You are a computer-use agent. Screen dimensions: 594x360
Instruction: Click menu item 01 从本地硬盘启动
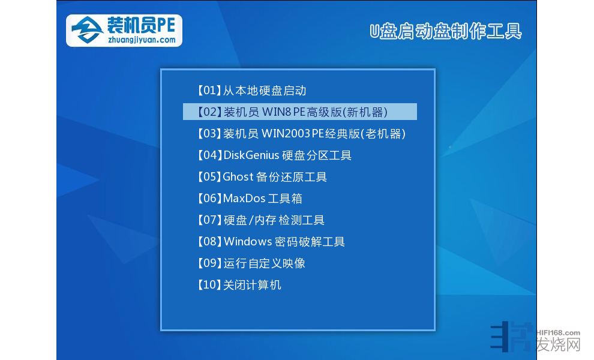(251, 91)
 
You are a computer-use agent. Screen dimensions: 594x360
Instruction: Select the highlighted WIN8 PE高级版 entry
(299, 112)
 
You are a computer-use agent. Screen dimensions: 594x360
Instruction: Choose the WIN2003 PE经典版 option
(301, 133)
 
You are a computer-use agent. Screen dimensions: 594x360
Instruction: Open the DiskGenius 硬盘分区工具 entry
(274, 155)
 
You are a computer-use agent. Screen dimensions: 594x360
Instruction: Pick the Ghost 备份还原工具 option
(262, 176)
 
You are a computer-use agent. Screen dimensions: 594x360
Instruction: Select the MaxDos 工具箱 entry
(249, 198)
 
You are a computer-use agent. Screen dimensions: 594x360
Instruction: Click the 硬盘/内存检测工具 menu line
(260, 220)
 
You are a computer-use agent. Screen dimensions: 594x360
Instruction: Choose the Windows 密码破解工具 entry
(271, 241)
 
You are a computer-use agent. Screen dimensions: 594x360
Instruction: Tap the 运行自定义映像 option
(251, 263)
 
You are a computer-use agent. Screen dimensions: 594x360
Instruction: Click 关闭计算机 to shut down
(239, 284)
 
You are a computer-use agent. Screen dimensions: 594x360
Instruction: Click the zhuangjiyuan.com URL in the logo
(142, 40)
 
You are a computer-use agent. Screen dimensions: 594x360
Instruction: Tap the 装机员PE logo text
(141, 25)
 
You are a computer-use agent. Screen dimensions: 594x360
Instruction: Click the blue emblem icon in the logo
(87, 30)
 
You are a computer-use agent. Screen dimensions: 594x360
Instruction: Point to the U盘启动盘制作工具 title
(445, 31)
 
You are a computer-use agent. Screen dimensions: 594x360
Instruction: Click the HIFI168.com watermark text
(559, 333)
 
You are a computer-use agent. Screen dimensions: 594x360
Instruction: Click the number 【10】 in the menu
(209, 284)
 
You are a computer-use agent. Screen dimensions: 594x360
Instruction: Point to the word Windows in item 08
(248, 241)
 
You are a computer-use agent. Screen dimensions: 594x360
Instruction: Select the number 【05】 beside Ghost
(209, 176)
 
